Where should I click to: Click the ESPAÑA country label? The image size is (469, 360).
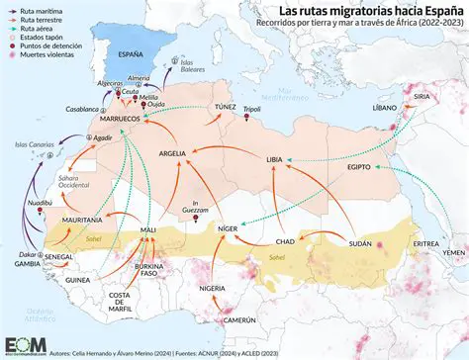[x=131, y=54]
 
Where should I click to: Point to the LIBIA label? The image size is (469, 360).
[x=274, y=159]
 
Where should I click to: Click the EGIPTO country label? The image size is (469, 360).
[x=358, y=167]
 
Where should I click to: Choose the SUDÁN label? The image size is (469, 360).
[x=361, y=243]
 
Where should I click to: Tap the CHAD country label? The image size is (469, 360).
[x=285, y=241]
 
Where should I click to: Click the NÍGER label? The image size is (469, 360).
[x=228, y=228]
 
